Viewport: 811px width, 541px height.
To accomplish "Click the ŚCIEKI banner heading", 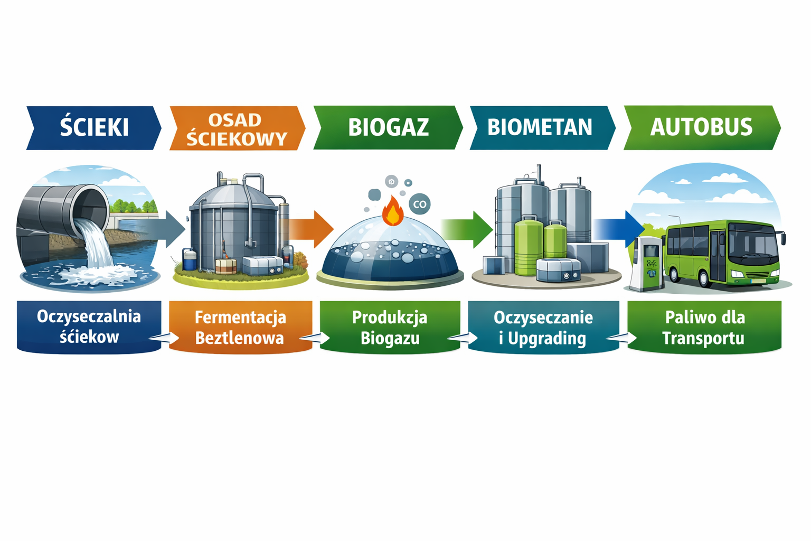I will (94, 128).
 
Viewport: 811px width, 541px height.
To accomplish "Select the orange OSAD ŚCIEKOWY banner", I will (237, 129).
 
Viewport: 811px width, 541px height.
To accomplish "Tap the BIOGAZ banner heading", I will (388, 128).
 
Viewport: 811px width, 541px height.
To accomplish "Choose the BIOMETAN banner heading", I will (540, 128).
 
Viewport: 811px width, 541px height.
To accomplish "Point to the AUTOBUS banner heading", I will (701, 128).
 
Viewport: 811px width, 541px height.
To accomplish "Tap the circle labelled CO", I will (420, 204).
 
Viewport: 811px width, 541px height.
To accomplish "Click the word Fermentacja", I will (240, 318).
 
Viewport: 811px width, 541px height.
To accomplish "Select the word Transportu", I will (703, 338).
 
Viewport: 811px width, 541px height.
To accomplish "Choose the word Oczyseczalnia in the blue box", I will (89, 316).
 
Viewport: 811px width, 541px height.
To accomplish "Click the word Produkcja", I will (390, 318).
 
